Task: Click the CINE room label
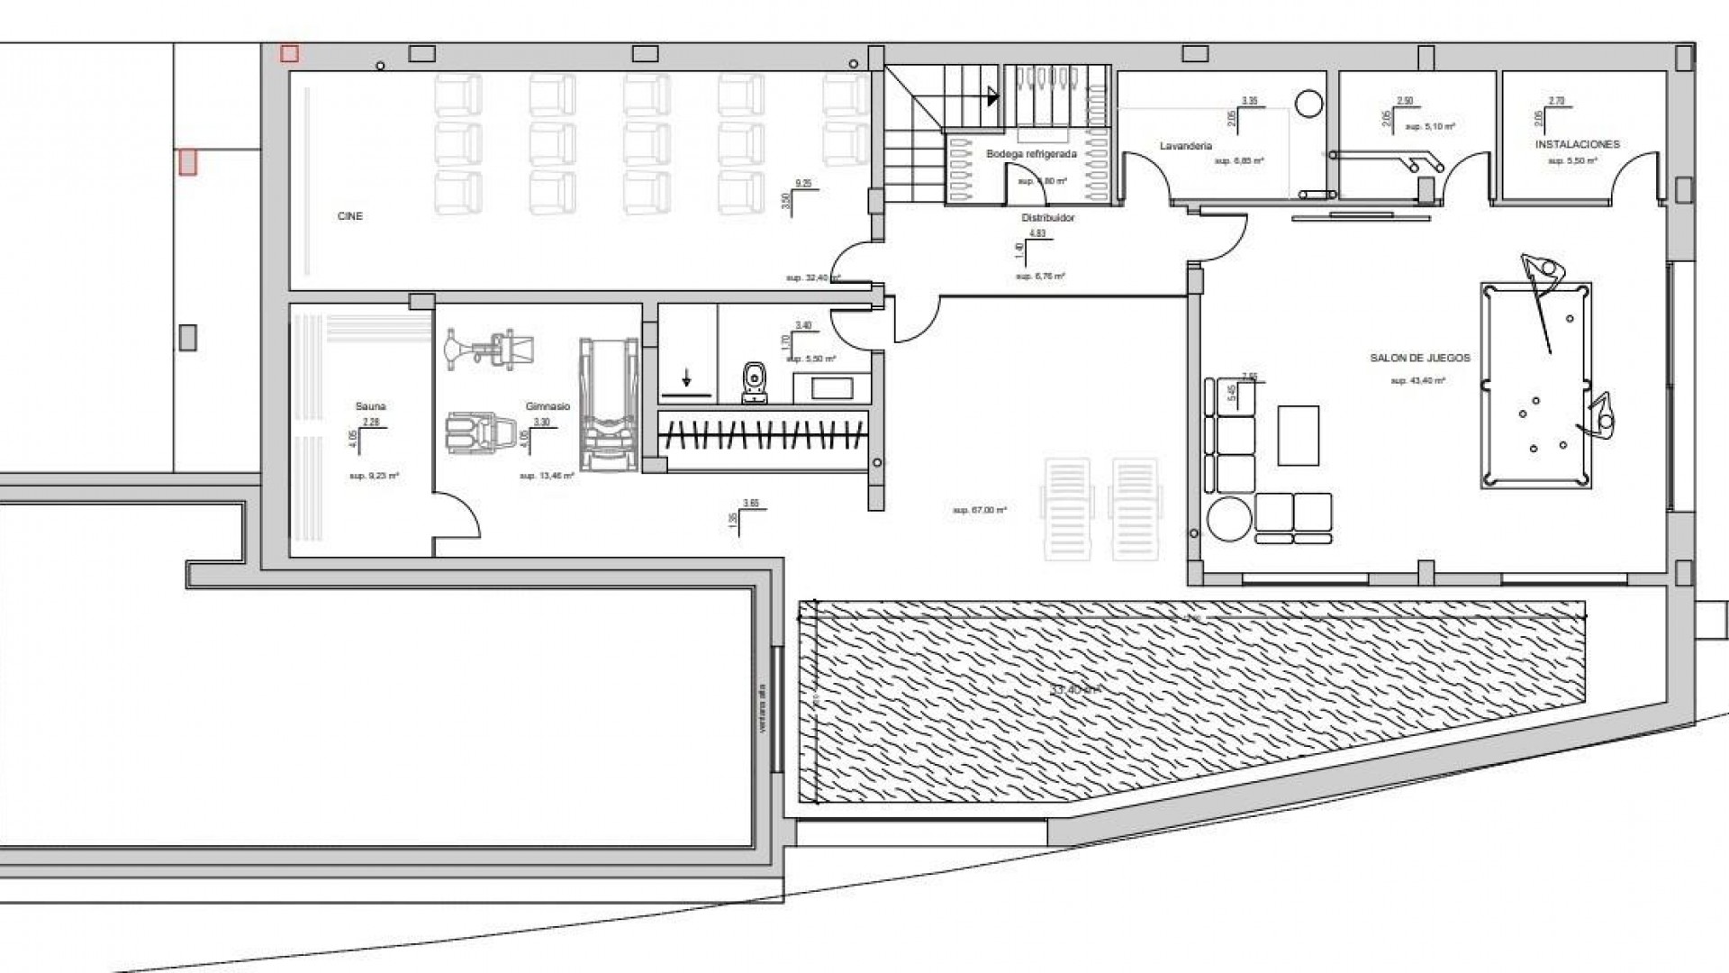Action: pos(350,216)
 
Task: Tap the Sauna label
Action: pos(370,406)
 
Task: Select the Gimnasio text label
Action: pos(548,406)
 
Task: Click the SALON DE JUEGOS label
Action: pos(1419,358)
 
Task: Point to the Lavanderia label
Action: pos(1186,146)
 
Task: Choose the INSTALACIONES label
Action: pos(1577,144)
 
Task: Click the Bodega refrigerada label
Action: pos(1031,154)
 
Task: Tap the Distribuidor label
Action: pos(1047,218)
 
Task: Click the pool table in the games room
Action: pos(1535,386)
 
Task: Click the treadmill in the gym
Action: pos(609,404)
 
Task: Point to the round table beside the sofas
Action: pos(1228,519)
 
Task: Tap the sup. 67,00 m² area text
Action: pos(979,510)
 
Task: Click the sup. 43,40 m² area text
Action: pos(1417,381)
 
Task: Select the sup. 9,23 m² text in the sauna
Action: pos(374,475)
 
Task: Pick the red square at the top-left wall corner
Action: pos(289,54)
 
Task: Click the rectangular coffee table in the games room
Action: pos(1298,435)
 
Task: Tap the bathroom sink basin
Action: pos(831,388)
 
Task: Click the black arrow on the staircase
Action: pos(992,95)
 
